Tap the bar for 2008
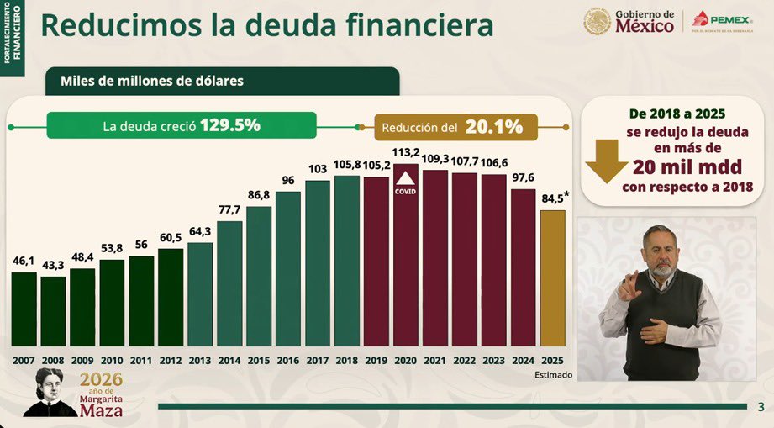pos(53,311)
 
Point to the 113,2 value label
pos(406,153)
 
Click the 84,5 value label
pos(551,199)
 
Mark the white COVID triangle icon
pos(406,179)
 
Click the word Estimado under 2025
pos(552,374)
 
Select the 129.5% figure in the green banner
pos(229,125)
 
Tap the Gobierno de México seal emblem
pos(598,21)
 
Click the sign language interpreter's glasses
pos(661,250)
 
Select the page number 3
pos(761,407)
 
